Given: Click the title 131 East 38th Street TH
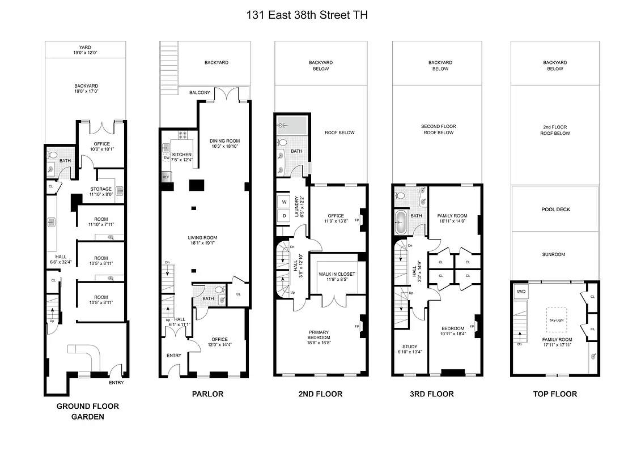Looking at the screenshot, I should [307, 15].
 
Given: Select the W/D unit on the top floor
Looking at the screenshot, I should [520, 292].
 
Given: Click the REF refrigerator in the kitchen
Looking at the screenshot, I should [166, 177].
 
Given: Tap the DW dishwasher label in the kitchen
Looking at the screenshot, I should [167, 158].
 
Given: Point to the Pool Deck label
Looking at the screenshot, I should [555, 210].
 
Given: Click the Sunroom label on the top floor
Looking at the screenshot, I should [555, 255].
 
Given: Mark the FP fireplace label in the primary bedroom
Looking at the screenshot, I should [357, 327].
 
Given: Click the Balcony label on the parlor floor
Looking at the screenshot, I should [199, 93].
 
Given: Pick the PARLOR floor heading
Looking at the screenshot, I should [207, 394].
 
